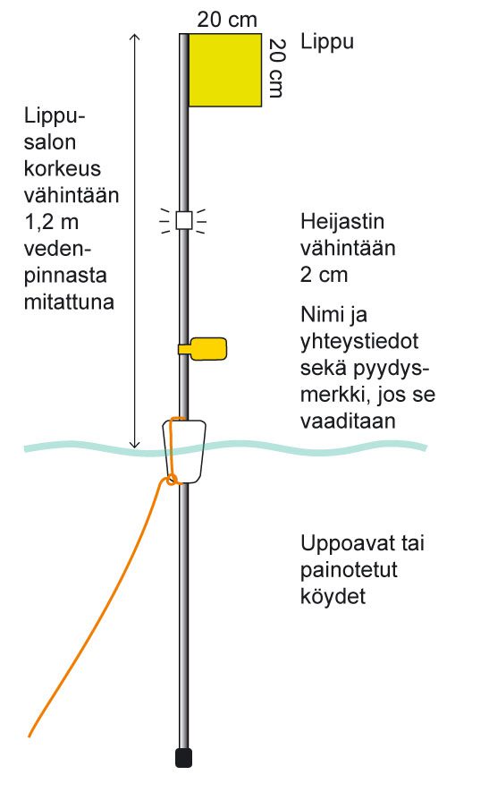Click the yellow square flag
(225, 70)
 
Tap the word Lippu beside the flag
(327, 42)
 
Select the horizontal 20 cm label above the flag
(227, 20)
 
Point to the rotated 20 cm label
(277, 68)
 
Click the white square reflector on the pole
(183, 221)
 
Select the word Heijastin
(342, 221)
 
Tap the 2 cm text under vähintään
(324, 275)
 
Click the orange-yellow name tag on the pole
(203, 348)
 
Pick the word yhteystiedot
(358, 342)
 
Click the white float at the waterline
(184, 451)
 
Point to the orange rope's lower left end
(30, 735)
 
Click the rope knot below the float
(172, 480)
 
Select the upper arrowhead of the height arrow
(134, 37)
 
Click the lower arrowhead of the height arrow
(134, 445)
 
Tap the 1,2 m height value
(52, 222)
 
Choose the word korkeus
(62, 169)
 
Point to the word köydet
(333, 597)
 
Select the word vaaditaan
(348, 421)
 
